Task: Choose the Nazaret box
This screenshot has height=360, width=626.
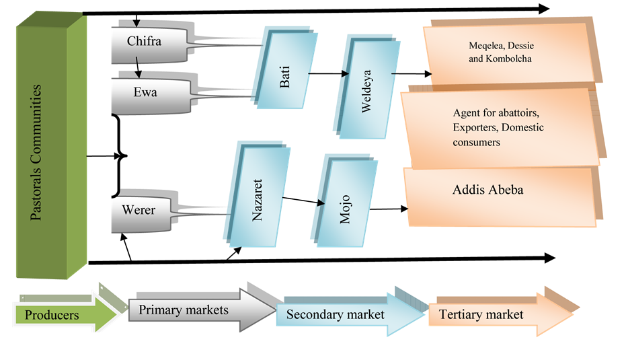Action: click(258, 194)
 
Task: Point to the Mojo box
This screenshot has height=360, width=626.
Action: click(344, 201)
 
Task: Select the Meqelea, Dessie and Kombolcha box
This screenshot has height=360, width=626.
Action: click(512, 52)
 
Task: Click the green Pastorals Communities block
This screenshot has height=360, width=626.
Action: click(51, 145)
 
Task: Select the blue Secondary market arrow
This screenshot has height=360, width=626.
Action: click(350, 314)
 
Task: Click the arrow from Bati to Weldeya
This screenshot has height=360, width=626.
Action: click(329, 73)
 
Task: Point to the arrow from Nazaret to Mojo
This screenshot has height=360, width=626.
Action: click(303, 201)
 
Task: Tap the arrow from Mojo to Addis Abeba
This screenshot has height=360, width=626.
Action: click(389, 209)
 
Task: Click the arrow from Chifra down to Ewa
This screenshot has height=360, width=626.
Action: click(138, 67)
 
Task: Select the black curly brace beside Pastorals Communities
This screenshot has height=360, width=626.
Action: click(118, 156)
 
